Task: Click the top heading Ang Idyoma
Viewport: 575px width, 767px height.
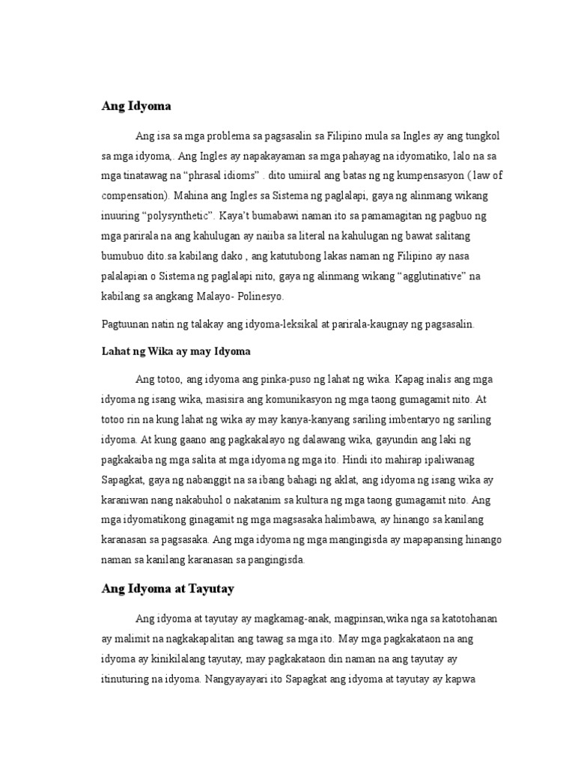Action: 136,106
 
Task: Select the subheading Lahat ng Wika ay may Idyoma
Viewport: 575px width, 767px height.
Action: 175,351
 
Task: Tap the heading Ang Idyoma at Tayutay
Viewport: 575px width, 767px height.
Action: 168,589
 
